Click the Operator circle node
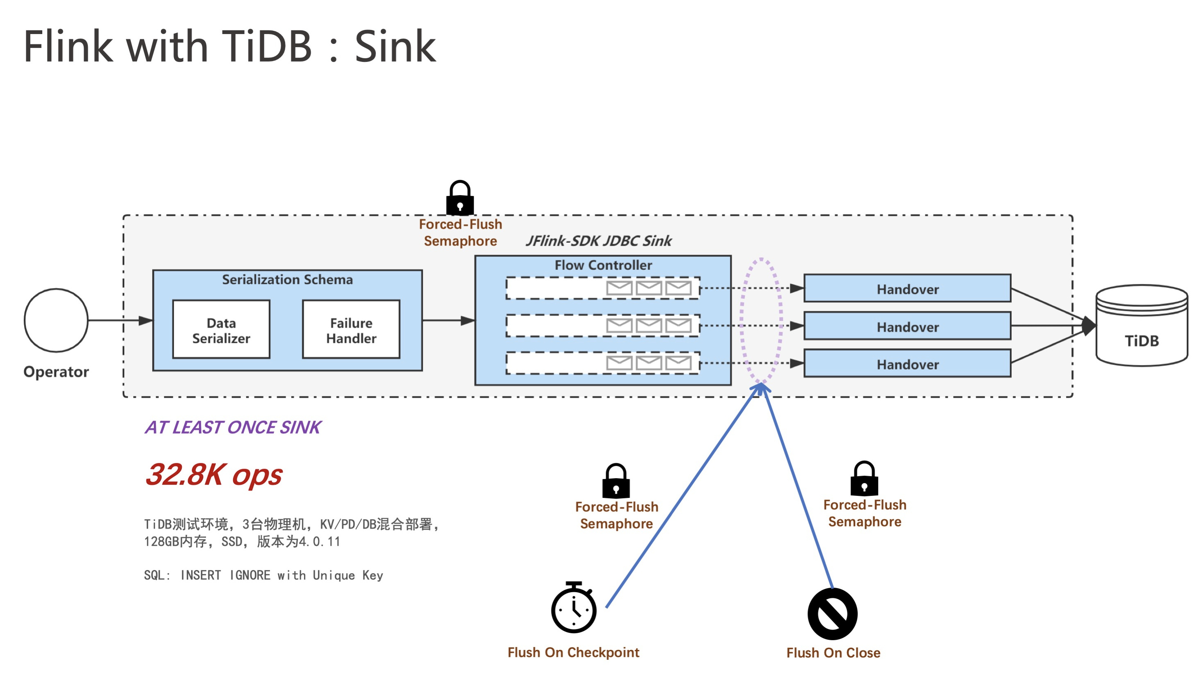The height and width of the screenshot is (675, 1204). tap(56, 320)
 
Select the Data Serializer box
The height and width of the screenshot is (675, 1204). tap(221, 330)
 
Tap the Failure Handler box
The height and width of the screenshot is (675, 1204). tap(351, 330)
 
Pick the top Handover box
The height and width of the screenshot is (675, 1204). tap(907, 289)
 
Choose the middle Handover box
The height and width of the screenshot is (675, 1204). tap(907, 326)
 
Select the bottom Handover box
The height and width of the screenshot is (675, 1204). tap(907, 363)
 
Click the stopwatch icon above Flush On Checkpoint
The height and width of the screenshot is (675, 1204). tap(574, 608)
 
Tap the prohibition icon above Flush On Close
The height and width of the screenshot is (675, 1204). tap(833, 614)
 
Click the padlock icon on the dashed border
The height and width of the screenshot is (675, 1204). tap(460, 198)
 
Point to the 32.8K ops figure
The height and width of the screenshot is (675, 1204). tap(214, 474)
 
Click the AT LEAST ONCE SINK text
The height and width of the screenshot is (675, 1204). tap(233, 427)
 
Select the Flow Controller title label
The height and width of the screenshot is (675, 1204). tap(603, 265)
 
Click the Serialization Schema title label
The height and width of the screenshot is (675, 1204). tap(287, 279)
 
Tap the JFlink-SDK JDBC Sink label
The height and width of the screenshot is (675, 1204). tap(598, 241)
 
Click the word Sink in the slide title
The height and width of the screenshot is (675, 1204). tap(395, 46)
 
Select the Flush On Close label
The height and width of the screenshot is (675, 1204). tap(833, 652)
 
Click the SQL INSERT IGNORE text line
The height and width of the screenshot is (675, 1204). tap(263, 575)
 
